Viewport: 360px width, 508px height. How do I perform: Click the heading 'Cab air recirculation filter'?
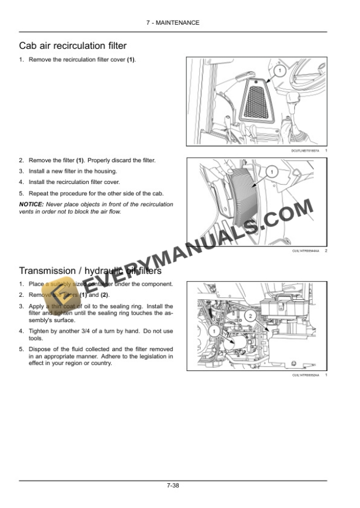tap(72, 45)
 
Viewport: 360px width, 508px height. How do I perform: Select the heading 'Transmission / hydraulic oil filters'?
tap(90, 271)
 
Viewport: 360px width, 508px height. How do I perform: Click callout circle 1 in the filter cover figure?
tap(280, 71)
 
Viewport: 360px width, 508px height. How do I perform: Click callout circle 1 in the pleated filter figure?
tap(271, 172)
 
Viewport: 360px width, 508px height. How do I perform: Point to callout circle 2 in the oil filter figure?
tap(250, 316)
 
